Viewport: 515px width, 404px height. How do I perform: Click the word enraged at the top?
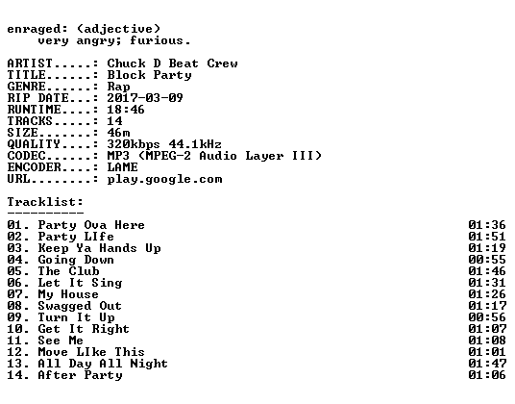[x=34, y=30]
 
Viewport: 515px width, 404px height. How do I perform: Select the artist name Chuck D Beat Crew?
[x=172, y=63]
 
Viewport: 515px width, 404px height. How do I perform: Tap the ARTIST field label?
[x=30, y=63]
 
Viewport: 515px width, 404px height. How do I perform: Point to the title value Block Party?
[x=150, y=75]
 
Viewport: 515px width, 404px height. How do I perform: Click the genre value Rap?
[x=118, y=87]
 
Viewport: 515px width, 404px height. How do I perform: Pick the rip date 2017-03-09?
[x=145, y=98]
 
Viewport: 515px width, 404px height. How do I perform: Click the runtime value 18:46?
[x=126, y=110]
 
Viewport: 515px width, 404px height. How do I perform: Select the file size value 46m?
[x=118, y=133]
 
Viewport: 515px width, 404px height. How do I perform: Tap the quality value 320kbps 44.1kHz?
[x=164, y=144]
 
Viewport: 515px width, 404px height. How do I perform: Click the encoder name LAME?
[x=123, y=167]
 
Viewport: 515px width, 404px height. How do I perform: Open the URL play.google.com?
[x=165, y=180]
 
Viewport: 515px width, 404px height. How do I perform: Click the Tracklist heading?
[x=45, y=201]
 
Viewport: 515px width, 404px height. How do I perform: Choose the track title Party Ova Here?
[x=91, y=225]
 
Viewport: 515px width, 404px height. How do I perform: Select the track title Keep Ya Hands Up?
[x=100, y=248]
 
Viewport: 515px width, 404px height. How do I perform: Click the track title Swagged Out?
[x=80, y=306]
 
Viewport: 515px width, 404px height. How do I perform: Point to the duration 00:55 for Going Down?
[x=487, y=260]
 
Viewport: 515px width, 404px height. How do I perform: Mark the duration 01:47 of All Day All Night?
[x=487, y=364]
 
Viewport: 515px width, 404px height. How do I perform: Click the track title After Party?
[x=80, y=375]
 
